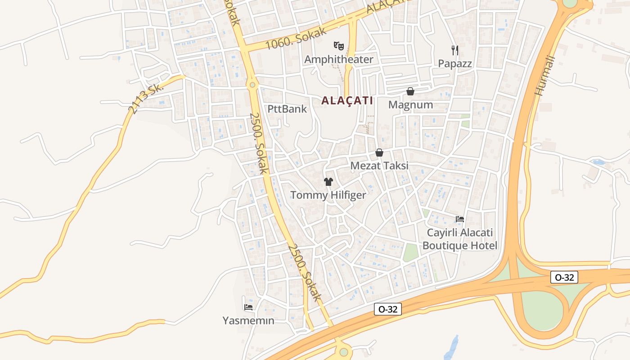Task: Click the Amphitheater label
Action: coord(339,59)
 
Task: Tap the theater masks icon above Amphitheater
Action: coord(339,45)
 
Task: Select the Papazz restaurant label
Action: coord(455,63)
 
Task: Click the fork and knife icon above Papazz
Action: coord(455,50)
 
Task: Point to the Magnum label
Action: coord(410,105)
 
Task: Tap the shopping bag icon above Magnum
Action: coord(410,91)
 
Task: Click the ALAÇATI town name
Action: coord(347,100)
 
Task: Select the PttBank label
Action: coord(287,109)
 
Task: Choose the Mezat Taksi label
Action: coord(379,166)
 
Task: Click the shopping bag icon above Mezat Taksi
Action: coord(379,153)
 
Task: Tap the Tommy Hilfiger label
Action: coord(328,195)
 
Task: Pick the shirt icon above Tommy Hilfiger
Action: coord(328,182)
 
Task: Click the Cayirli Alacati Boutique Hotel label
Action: coord(459,239)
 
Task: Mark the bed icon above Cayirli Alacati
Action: coord(460,219)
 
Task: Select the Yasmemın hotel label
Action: coord(248,320)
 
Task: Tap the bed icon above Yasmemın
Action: coord(248,307)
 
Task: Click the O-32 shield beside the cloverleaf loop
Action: coord(564,277)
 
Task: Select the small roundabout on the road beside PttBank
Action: coord(252,84)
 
